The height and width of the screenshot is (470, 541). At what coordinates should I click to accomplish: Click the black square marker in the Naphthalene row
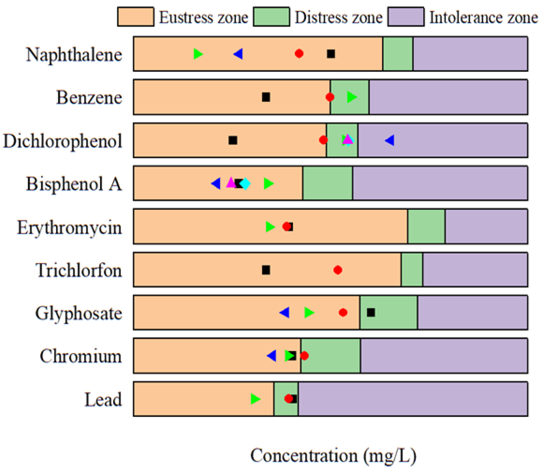pos(331,54)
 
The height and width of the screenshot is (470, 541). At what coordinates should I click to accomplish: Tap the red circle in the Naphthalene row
pos(299,54)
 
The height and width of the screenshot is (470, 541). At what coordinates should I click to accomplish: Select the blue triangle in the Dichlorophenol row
pos(390,140)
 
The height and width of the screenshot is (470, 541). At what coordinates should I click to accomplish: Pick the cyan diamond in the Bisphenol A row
pos(245,184)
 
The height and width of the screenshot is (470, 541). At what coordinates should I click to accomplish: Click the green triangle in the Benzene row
pos(352,97)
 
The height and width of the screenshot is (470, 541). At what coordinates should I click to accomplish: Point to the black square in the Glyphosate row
pos(371,312)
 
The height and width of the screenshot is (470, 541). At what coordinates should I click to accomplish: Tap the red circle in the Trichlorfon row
pos(338,270)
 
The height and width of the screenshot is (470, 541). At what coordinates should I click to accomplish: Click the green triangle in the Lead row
pos(255,399)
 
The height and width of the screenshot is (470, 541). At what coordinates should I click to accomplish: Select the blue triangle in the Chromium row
pos(272,356)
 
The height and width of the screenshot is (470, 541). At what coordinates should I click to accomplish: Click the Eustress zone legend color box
pos(136,17)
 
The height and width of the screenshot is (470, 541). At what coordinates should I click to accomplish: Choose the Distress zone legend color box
pos(271,17)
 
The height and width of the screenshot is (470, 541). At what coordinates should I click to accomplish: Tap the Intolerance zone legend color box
pos(406,17)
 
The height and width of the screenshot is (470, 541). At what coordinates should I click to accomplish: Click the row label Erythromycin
pos(69,227)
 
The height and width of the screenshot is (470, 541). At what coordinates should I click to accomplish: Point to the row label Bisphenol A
pos(74,184)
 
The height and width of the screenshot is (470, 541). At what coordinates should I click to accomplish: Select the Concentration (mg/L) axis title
pos(333,456)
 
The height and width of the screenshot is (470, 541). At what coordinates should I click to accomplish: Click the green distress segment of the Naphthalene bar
pos(398,54)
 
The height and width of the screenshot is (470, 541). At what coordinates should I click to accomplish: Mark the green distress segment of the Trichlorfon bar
pos(412,270)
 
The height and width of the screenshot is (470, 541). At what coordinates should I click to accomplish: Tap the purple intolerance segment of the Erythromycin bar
pos(486,226)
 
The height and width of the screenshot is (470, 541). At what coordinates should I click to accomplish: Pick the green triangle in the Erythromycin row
pos(270,227)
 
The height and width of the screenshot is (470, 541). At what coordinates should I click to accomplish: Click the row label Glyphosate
pos(78,313)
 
